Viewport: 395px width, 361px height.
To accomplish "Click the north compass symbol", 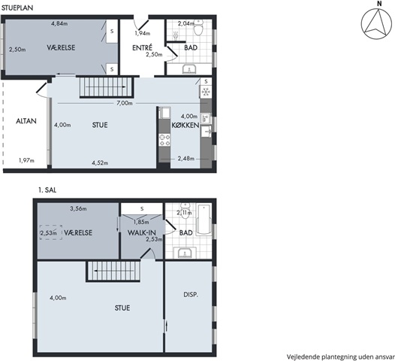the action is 376,24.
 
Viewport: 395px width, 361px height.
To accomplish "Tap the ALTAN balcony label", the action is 26,121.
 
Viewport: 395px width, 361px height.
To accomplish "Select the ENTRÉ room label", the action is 142,47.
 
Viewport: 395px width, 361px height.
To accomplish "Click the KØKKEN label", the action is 185,125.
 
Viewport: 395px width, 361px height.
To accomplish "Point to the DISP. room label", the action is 191,294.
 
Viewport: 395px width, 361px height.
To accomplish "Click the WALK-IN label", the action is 142,232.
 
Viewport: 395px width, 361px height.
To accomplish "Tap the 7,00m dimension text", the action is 125,103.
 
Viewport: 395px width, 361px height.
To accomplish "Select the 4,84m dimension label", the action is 59,24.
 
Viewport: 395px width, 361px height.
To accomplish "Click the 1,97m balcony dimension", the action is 26,160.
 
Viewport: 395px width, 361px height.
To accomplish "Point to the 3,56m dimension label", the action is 78,208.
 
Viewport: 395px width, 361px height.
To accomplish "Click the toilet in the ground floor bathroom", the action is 199,28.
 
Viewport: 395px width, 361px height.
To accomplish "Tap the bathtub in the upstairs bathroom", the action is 204,219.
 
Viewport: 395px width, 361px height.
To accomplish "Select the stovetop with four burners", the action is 164,140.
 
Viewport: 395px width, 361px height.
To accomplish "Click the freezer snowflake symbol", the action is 206,92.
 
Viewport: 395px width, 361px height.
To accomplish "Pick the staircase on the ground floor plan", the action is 106,87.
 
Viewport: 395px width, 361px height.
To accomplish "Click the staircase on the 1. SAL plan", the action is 113,271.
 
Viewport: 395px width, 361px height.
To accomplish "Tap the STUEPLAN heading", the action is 17,8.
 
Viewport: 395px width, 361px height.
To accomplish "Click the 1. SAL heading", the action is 47,190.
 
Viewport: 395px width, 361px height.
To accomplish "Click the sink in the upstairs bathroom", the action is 185,253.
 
